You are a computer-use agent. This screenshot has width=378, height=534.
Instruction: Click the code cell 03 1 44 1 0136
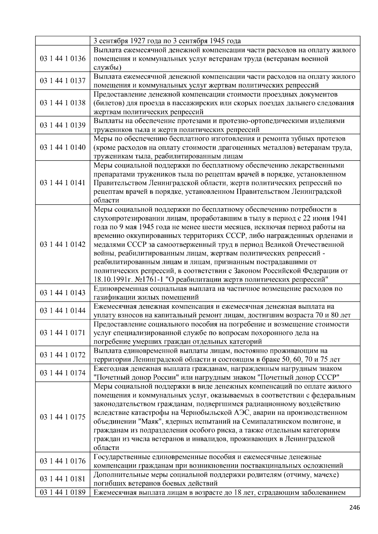[x=63, y=59]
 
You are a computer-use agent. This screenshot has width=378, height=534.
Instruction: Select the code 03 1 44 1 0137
[x=63, y=81]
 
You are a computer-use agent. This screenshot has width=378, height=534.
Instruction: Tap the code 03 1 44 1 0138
[x=63, y=103]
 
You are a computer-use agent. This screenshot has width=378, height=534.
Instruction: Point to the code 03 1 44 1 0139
[x=63, y=125]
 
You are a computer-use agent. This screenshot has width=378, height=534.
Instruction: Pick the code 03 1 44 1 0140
[x=63, y=147]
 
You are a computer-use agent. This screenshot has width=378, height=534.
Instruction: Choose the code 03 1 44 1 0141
[x=63, y=183]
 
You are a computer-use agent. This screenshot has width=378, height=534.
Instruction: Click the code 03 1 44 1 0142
[x=63, y=245]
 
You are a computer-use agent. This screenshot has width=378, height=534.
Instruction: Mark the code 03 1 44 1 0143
[x=63, y=293]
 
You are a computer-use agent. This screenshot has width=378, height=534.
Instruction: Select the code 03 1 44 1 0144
[x=63, y=311]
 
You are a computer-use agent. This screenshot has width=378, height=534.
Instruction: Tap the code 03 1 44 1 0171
[x=63, y=333]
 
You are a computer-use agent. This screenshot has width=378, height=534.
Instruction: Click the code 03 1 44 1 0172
[x=63, y=355]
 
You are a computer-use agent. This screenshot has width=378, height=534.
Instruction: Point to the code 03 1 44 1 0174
[x=63, y=373]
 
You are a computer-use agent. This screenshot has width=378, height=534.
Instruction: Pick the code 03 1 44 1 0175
[x=63, y=417]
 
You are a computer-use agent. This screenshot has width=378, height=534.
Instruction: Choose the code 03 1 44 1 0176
[x=63, y=461]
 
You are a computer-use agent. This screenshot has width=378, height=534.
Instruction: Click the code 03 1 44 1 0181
[x=63, y=479]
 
